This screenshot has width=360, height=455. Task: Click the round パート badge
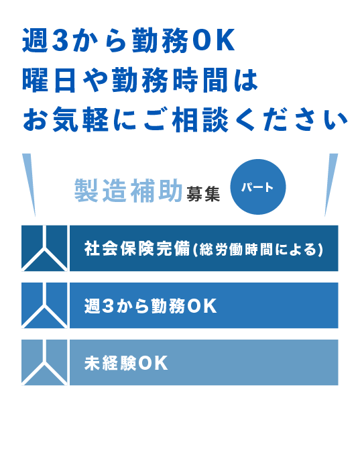257,187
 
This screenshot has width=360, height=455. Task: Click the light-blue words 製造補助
129,190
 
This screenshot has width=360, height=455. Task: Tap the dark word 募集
203,194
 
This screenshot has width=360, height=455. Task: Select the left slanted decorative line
29,185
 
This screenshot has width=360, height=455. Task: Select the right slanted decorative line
331,185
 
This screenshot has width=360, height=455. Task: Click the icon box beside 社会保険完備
44,248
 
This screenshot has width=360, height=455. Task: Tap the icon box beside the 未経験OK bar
44,362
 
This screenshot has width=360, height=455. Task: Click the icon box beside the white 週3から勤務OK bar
44,305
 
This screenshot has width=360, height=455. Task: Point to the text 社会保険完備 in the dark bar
137,248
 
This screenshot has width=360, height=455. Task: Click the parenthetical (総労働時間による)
257,249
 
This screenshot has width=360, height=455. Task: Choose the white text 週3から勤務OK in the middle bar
150,305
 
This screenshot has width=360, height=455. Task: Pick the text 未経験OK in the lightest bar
126,362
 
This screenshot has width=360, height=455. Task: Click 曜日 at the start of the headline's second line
49,80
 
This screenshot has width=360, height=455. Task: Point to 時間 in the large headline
200,80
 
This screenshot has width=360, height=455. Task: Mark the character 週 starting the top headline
35,40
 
